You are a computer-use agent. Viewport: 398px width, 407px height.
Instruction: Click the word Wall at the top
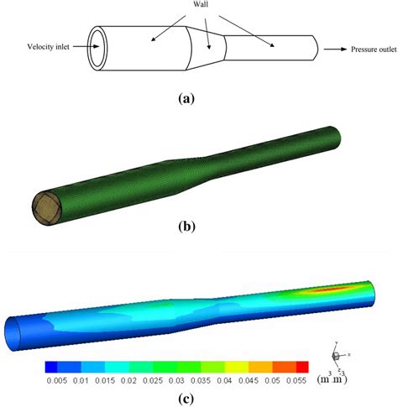tap(200, 7)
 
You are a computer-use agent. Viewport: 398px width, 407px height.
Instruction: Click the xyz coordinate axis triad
tap(336, 356)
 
